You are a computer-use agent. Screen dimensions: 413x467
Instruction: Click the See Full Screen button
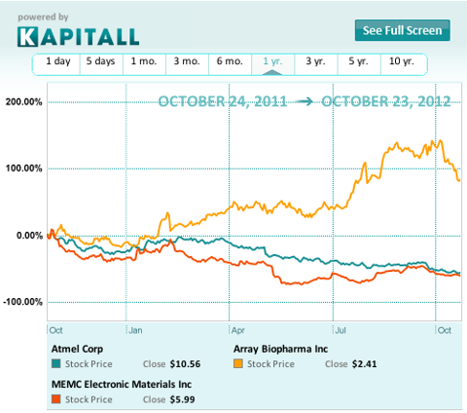402,30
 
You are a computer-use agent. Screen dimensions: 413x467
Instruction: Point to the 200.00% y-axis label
24,102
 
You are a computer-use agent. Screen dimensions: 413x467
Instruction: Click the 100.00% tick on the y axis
24,169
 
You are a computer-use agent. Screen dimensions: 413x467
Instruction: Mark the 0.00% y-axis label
29,235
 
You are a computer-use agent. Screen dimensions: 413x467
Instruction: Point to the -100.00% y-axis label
23,301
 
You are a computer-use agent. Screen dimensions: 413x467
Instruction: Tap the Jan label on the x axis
137,330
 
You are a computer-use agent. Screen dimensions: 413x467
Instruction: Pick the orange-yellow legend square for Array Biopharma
238,363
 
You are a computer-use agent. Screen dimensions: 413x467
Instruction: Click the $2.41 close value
363,363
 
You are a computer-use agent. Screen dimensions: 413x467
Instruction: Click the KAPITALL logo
78,36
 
